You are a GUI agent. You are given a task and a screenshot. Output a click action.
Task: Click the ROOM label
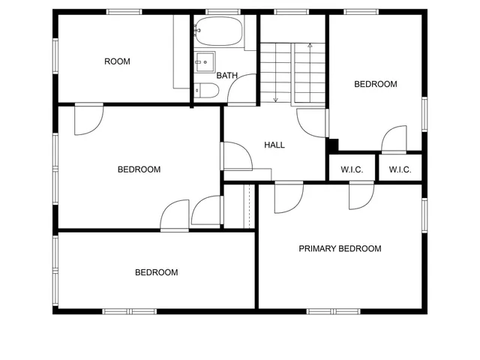pos(117,61)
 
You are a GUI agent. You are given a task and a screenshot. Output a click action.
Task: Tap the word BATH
pos(226,76)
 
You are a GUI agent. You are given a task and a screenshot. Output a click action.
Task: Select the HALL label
pos(274,145)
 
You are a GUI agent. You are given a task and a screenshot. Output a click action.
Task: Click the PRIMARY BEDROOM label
pos(340,249)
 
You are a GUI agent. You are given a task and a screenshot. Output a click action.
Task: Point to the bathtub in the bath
pos(218,32)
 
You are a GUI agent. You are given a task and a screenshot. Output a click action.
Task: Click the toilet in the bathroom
pos(206,91)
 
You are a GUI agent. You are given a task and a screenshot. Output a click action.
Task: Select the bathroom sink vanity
pos(205,61)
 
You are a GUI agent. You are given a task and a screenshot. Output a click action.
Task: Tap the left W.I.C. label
pos(352,170)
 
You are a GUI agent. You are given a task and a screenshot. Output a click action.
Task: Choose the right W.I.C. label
pos(400,170)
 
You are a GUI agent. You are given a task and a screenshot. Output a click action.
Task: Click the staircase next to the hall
pos(292,72)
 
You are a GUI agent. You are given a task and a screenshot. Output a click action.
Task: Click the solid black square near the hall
pos(333,145)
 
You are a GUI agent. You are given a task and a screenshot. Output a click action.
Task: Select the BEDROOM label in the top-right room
pos(375,85)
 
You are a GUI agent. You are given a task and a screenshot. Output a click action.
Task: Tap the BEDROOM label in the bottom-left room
pos(156,273)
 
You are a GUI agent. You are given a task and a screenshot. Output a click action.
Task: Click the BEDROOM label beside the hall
pos(139,169)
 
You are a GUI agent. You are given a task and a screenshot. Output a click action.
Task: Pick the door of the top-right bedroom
pos(394,141)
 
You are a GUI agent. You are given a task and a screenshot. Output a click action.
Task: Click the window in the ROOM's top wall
pos(124,11)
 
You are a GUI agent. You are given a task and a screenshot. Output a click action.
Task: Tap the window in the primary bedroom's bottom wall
pos(333,310)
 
